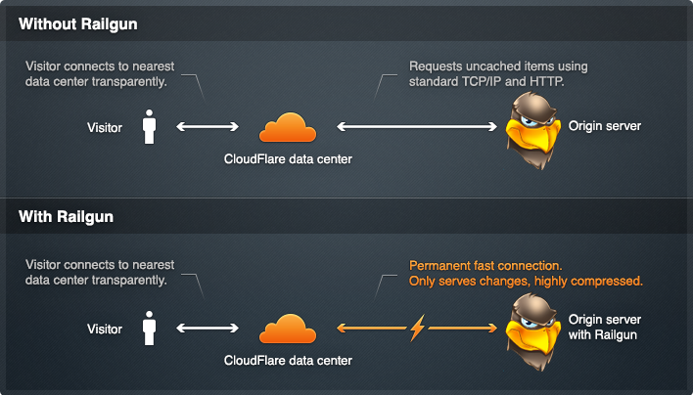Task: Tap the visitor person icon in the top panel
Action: (149, 126)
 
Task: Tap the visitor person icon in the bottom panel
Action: (149, 329)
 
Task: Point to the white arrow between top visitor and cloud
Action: (207, 126)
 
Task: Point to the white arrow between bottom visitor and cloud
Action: (207, 329)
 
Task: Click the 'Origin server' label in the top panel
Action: (604, 126)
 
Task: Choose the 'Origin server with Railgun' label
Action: (604, 329)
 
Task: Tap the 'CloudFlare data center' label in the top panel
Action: (288, 158)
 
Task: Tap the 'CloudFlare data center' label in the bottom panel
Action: (288, 361)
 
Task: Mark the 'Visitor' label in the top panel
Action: (106, 126)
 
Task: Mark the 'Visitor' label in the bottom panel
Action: (106, 329)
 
